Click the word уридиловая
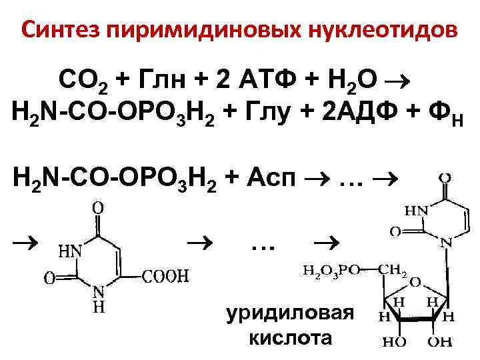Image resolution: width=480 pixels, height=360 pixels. [287, 313]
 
